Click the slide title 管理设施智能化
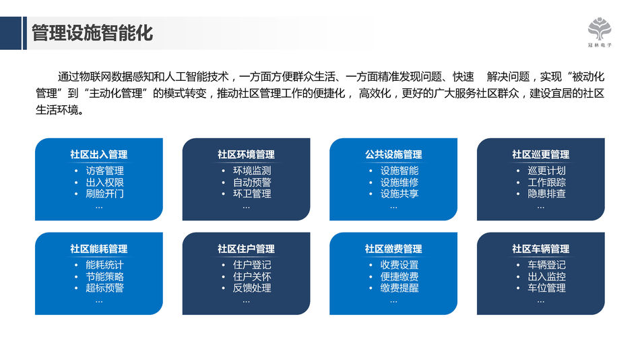pos(92,33)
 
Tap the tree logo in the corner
pos(600,28)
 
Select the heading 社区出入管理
pos(99,154)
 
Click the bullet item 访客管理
pos(104,171)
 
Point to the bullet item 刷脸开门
pos(104,193)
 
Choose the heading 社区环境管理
pos(246,154)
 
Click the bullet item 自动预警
pos(252,182)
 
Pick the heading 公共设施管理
pos(393,154)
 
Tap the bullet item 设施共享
pos(399,193)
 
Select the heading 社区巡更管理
pos(541,154)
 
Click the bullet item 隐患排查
pos(546,193)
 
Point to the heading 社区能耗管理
pos(99,249)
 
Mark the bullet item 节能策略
pos(104,276)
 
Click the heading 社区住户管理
pos(246,249)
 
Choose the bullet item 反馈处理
pos(252,288)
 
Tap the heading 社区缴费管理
pos(393,249)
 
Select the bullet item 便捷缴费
pos(399,276)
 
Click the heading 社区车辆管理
pos(541,249)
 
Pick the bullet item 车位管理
pos(546,288)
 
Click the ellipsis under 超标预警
pos(99,302)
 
